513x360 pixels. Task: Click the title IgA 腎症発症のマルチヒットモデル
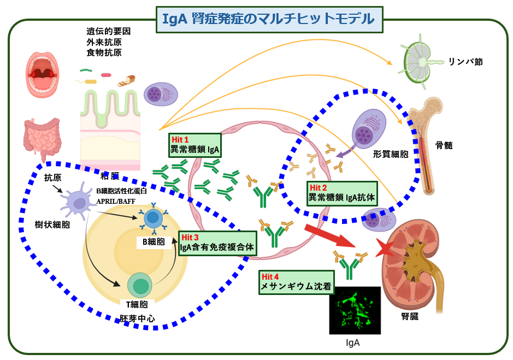coord(268,19)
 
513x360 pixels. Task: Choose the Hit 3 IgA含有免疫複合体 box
coord(217,243)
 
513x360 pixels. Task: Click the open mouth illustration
coord(43,74)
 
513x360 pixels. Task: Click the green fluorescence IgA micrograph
coord(355,310)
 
